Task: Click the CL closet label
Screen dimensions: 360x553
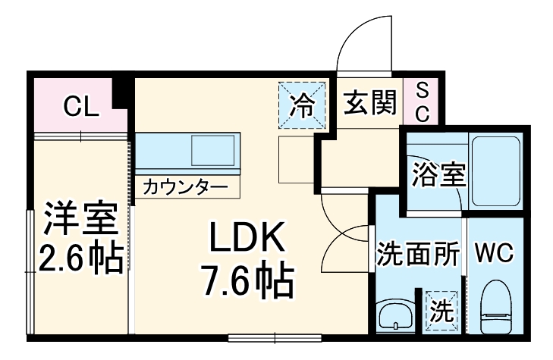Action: pyautogui.click(x=80, y=107)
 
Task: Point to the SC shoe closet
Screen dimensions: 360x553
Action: pyautogui.click(x=423, y=103)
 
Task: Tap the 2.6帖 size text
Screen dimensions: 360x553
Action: pyautogui.click(x=80, y=258)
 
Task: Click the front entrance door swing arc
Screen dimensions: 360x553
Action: pyautogui.click(x=353, y=45)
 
